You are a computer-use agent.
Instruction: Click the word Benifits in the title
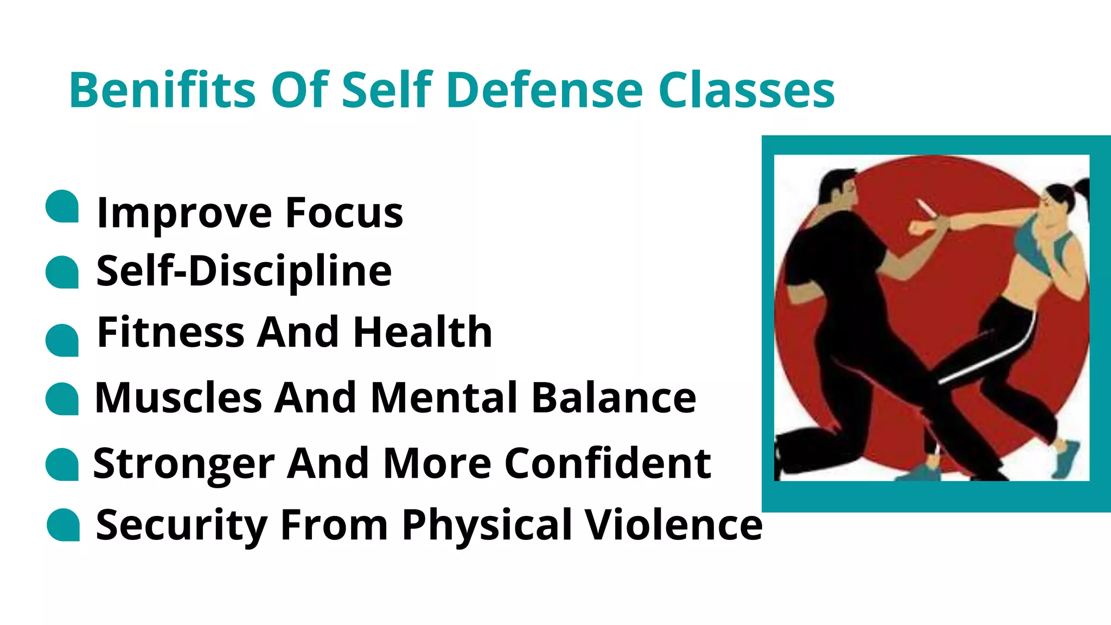(x=162, y=90)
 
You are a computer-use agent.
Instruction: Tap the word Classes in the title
(x=746, y=90)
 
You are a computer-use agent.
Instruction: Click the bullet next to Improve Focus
(x=62, y=206)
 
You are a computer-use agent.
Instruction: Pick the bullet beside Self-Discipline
(x=62, y=272)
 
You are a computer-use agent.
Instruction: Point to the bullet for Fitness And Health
(x=62, y=340)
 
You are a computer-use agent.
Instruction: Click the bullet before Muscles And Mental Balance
(x=62, y=399)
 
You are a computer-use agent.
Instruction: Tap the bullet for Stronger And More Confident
(x=62, y=464)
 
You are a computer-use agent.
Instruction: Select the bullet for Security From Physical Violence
(x=63, y=525)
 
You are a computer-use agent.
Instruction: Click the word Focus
(x=344, y=213)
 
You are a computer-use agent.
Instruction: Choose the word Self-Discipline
(x=244, y=271)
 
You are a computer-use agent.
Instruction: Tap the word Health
(x=422, y=332)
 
